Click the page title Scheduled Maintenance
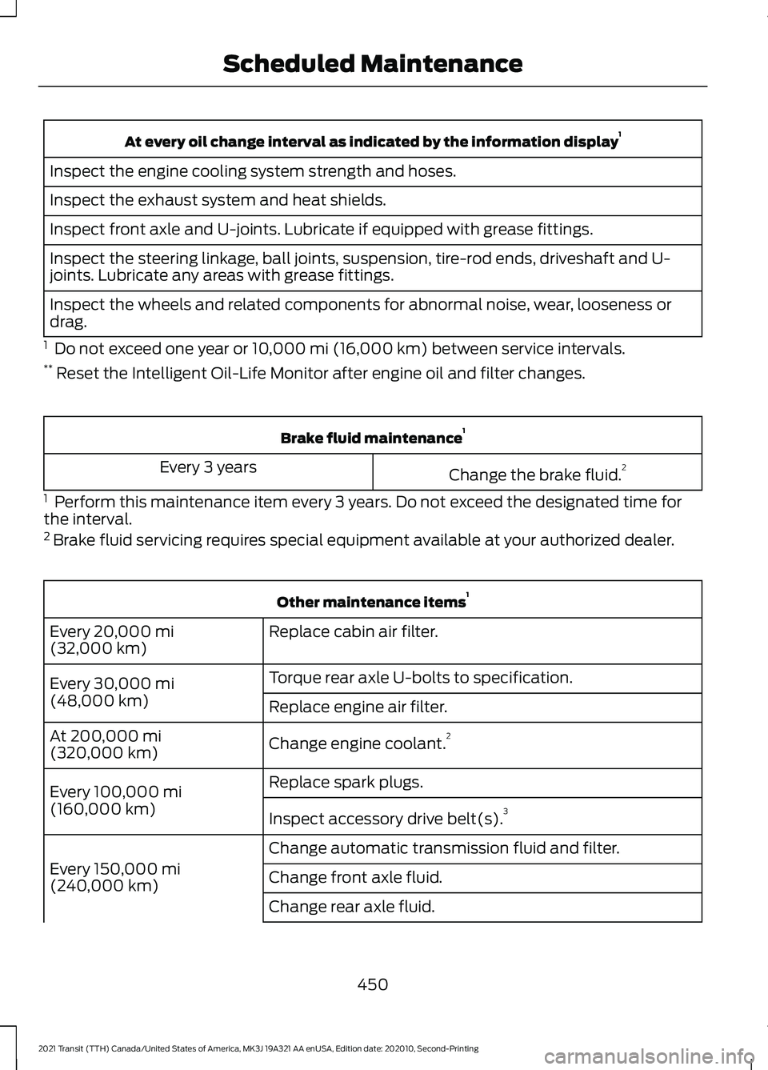(372, 64)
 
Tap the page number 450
(372, 984)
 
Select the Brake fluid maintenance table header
(372, 438)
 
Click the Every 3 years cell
(208, 467)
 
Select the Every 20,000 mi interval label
(112, 640)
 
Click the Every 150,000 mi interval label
(114, 877)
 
